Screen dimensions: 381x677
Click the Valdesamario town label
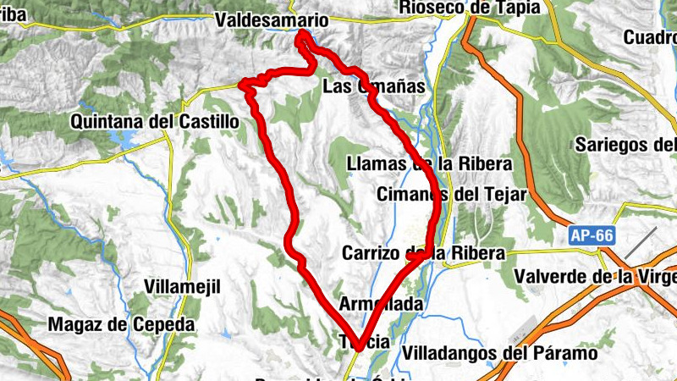click(271, 19)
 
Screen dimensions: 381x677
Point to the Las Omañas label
click(373, 87)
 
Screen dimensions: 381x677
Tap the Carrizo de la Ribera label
click(423, 253)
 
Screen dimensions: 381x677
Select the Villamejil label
click(183, 286)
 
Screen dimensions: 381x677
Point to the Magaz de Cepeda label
click(121, 324)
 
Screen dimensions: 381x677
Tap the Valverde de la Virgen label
click(596, 276)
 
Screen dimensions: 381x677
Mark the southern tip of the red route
click(360, 346)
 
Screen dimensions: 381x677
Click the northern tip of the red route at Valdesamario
click(302, 34)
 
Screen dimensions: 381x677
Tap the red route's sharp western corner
click(245, 84)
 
